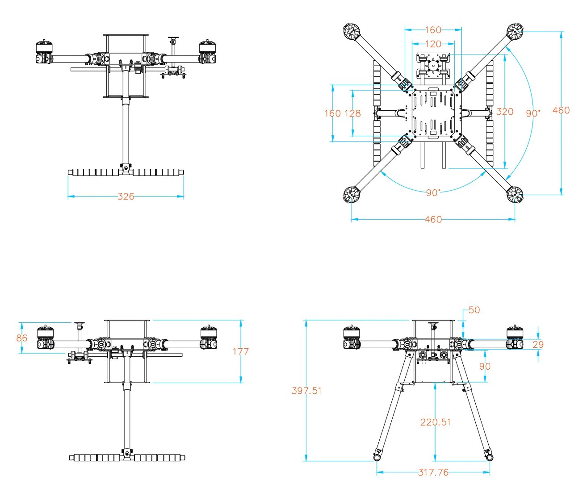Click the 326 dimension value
(126, 196)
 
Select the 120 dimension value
(433, 44)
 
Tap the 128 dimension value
(352, 113)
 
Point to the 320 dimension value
(505, 112)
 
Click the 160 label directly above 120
(433, 30)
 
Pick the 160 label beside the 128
(332, 113)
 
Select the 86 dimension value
(21, 338)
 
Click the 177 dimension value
(241, 351)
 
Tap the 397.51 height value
(306, 390)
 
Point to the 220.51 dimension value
(436, 422)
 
